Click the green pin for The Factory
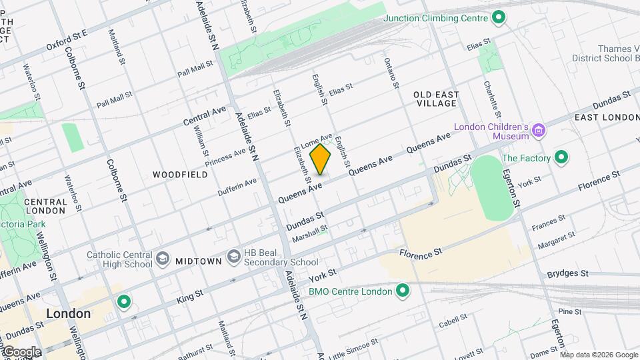(x=561, y=158)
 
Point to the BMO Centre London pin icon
(x=402, y=291)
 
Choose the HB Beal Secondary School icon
(x=233, y=256)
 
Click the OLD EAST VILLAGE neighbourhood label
(x=435, y=99)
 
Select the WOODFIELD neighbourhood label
(x=180, y=175)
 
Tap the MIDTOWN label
(x=198, y=261)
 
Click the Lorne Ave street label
(x=316, y=140)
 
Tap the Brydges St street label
(x=567, y=273)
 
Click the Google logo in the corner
(x=21, y=351)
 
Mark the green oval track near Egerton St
(x=493, y=189)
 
